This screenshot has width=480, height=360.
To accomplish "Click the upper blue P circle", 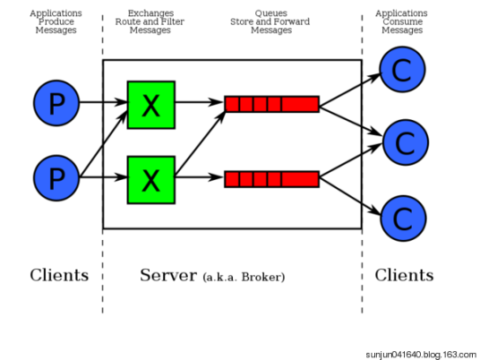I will pyautogui.click(x=56, y=104).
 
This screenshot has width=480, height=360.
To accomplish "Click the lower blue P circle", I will pyautogui.click(x=56, y=178).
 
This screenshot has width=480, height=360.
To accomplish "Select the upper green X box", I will pyautogui.click(x=150, y=105).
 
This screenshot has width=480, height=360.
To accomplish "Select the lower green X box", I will pyautogui.click(x=150, y=179).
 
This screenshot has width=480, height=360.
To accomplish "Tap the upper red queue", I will pyautogui.click(x=271, y=104).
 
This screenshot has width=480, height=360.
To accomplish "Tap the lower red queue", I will pyautogui.click(x=271, y=179).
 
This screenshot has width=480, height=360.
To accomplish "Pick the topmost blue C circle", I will pyautogui.click(x=402, y=70).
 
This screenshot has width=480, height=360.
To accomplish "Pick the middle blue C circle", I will pyautogui.click(x=405, y=141).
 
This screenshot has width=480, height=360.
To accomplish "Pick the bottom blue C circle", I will pyautogui.click(x=403, y=217).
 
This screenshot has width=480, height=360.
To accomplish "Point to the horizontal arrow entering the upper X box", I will pyautogui.click(x=115, y=103).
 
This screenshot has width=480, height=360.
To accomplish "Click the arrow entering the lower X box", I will pyautogui.click(x=115, y=178).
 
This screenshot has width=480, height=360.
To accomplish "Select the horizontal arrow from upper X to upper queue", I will pyautogui.click(x=199, y=103).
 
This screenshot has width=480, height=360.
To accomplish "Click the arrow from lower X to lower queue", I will pyautogui.click(x=199, y=178).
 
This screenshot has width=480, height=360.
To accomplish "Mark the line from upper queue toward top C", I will pyautogui.click(x=340, y=94).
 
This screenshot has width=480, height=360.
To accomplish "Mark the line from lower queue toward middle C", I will pyautogui.click(x=340, y=167).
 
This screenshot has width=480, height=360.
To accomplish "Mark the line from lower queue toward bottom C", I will pyautogui.click(x=340, y=189).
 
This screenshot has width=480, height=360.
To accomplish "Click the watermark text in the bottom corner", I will pyautogui.click(x=421, y=354).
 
